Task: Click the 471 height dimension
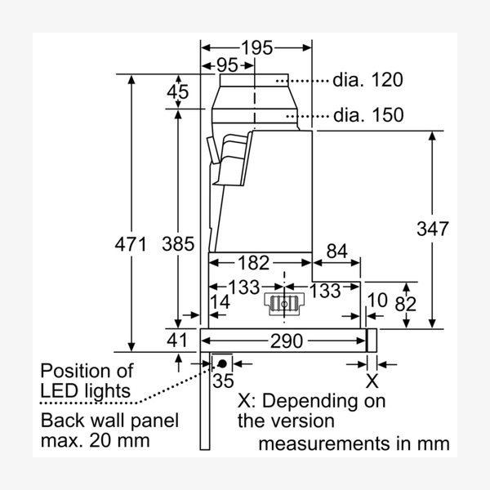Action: [131, 243]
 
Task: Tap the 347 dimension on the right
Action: [431, 229]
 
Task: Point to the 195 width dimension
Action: [256, 48]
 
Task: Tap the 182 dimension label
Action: [252, 263]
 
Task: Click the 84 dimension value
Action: [336, 252]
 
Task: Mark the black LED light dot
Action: [222, 362]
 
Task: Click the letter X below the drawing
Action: [372, 380]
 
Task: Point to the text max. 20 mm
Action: [96, 442]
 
